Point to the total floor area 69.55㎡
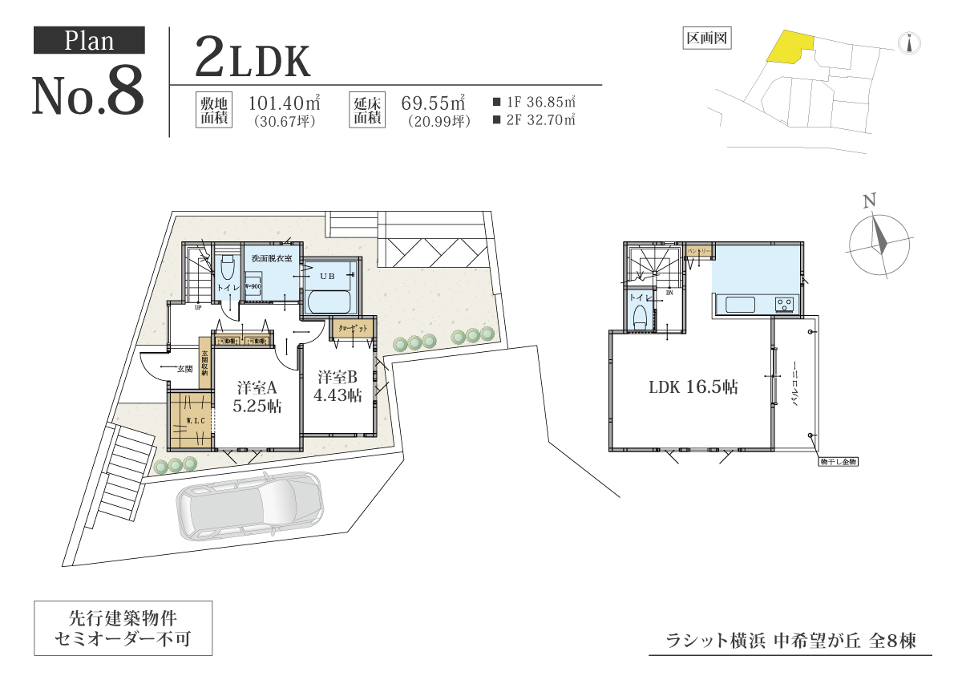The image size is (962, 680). point(434,103)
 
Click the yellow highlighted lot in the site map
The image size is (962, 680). point(790,46)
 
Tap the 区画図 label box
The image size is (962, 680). point(708,38)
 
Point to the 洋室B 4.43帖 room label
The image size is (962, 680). point(338,386)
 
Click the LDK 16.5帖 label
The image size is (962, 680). point(693,387)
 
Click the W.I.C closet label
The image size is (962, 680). point(193,420)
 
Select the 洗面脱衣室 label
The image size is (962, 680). point(272,258)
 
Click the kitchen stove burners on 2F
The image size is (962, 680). point(783,305)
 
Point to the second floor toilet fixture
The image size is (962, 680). point(640,315)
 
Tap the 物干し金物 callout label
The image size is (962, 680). point(839,462)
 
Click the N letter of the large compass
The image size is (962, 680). point(868,200)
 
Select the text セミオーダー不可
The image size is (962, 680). point(123,641)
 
